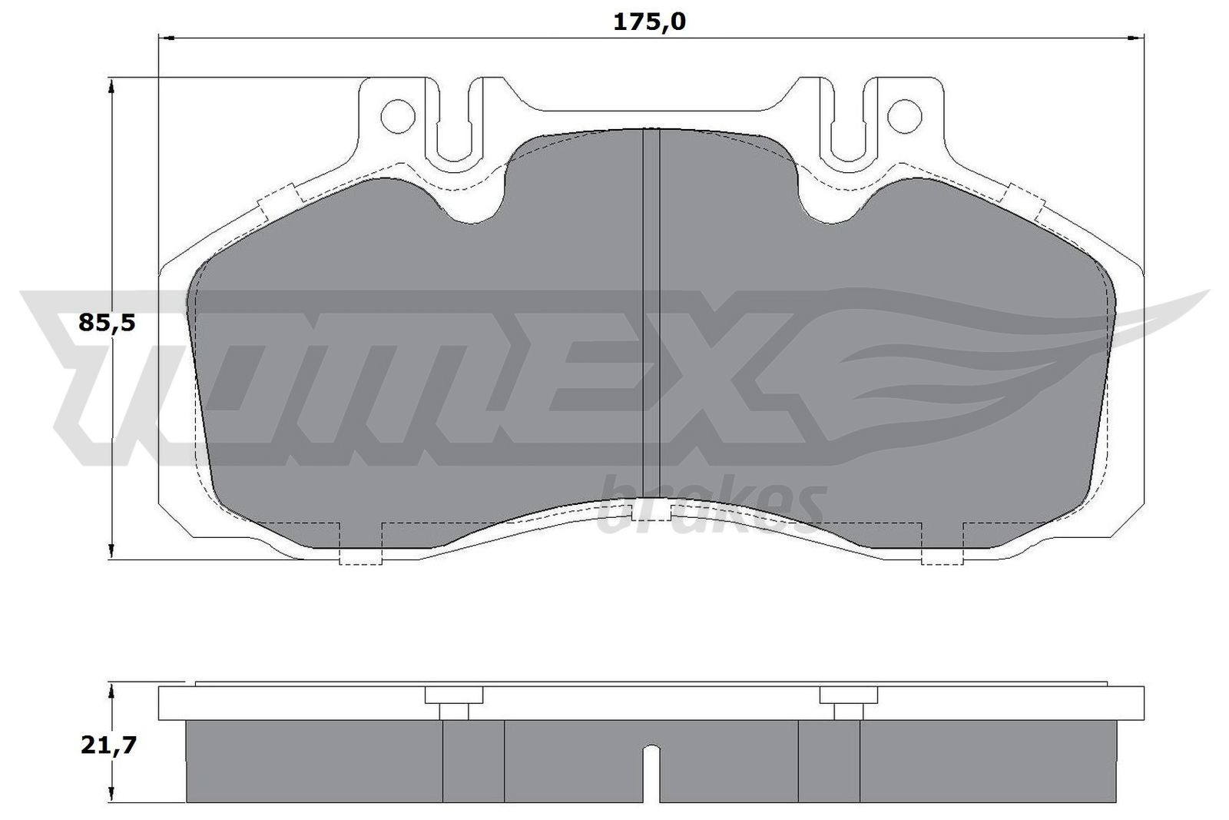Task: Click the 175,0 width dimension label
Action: pyautogui.click(x=649, y=22)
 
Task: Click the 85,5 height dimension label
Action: pyautogui.click(x=107, y=323)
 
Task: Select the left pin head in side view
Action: pyautogui.click(x=454, y=696)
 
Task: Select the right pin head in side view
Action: pyautogui.click(x=848, y=696)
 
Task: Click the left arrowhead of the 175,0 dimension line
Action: pyautogui.click(x=164, y=37)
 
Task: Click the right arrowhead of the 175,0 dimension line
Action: pyautogui.click(x=1137, y=37)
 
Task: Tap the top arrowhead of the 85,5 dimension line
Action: pyautogui.click(x=112, y=85)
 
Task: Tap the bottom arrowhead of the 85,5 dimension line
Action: pyautogui.click(x=112, y=550)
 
